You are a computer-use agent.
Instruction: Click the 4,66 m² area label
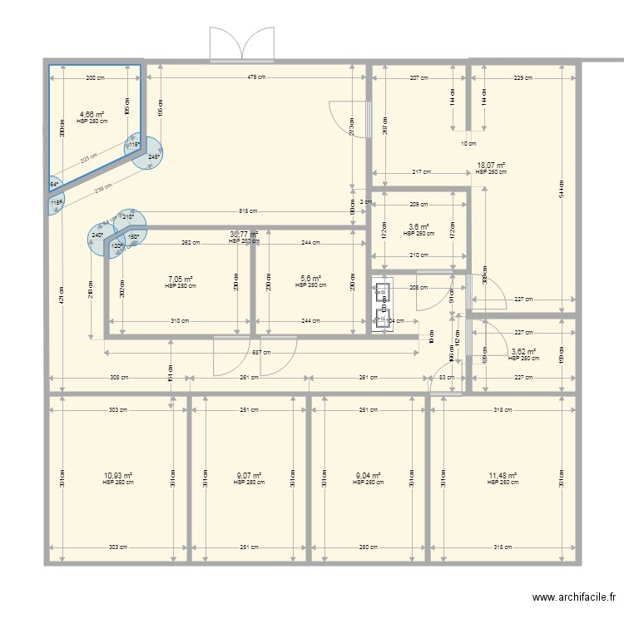point(92,115)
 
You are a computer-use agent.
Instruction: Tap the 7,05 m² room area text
point(181,280)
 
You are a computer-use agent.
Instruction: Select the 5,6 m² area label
point(308,280)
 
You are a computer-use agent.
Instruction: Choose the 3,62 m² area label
point(523,352)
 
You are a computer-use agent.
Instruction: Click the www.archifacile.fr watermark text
point(574,597)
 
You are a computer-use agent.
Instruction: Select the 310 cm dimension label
point(177,321)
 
